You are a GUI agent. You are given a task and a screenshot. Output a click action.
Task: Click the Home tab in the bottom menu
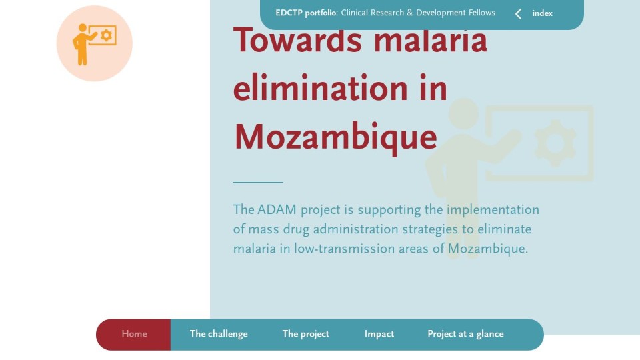coord(134,334)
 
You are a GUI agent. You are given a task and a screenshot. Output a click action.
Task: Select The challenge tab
coord(219,334)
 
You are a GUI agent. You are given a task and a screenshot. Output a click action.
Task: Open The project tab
coord(306,334)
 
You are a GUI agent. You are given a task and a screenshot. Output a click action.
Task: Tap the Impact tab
coord(379,334)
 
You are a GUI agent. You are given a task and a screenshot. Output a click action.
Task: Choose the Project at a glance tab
coord(466,334)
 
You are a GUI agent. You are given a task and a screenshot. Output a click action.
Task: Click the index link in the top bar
coord(543,13)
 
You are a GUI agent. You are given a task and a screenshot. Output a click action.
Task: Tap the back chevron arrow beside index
coord(519,14)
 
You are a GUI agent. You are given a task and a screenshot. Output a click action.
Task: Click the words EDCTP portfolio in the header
coord(306,13)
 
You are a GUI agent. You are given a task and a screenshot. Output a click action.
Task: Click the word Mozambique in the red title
coord(336,137)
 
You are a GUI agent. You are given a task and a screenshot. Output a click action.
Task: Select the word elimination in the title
coord(321,88)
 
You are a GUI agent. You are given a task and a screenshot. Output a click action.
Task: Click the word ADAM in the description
coord(277,210)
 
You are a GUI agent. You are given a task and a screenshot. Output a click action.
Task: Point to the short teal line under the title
coord(258,182)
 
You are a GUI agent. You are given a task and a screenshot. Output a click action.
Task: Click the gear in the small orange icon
coord(107,35)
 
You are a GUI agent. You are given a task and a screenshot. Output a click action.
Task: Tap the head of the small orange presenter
coord(83,28)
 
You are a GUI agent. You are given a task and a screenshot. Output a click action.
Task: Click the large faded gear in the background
coord(555,143)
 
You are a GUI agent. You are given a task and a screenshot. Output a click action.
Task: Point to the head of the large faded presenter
coord(464,113)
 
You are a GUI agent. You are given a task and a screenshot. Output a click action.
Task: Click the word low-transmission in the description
coord(345,249)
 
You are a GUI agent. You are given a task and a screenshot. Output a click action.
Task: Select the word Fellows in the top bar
coord(482,13)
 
